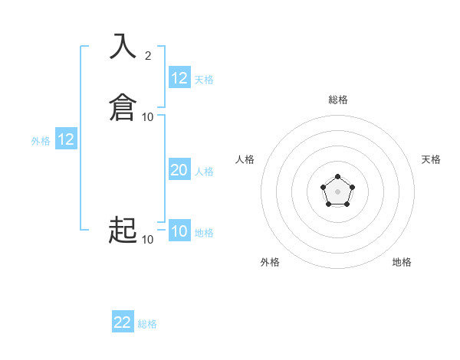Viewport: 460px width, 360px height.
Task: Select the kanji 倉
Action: click(x=123, y=107)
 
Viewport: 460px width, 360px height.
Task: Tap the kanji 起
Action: click(x=123, y=230)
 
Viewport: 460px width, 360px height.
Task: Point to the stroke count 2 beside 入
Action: click(x=148, y=55)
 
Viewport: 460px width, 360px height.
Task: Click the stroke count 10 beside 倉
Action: click(x=148, y=117)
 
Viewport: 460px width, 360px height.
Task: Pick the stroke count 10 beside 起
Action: click(x=148, y=240)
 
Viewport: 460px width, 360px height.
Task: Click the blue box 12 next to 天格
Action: click(x=179, y=77)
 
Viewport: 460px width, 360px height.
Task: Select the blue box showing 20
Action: click(x=179, y=170)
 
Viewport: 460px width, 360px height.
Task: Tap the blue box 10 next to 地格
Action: click(x=179, y=231)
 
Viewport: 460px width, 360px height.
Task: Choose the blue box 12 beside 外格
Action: click(x=66, y=139)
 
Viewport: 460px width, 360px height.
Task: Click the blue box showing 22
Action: click(x=123, y=322)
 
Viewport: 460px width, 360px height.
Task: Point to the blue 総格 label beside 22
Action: click(x=147, y=324)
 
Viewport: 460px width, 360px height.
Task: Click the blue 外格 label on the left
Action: click(x=41, y=141)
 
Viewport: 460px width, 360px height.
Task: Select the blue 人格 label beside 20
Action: click(x=205, y=172)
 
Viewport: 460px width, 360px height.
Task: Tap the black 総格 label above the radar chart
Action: click(x=338, y=100)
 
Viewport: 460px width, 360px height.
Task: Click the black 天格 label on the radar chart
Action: click(x=431, y=159)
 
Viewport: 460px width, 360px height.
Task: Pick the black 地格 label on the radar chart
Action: click(x=402, y=262)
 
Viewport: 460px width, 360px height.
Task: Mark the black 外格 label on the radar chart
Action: click(x=270, y=262)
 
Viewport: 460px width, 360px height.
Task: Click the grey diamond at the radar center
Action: click(x=337, y=190)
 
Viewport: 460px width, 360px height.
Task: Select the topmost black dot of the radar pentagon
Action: click(x=337, y=175)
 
